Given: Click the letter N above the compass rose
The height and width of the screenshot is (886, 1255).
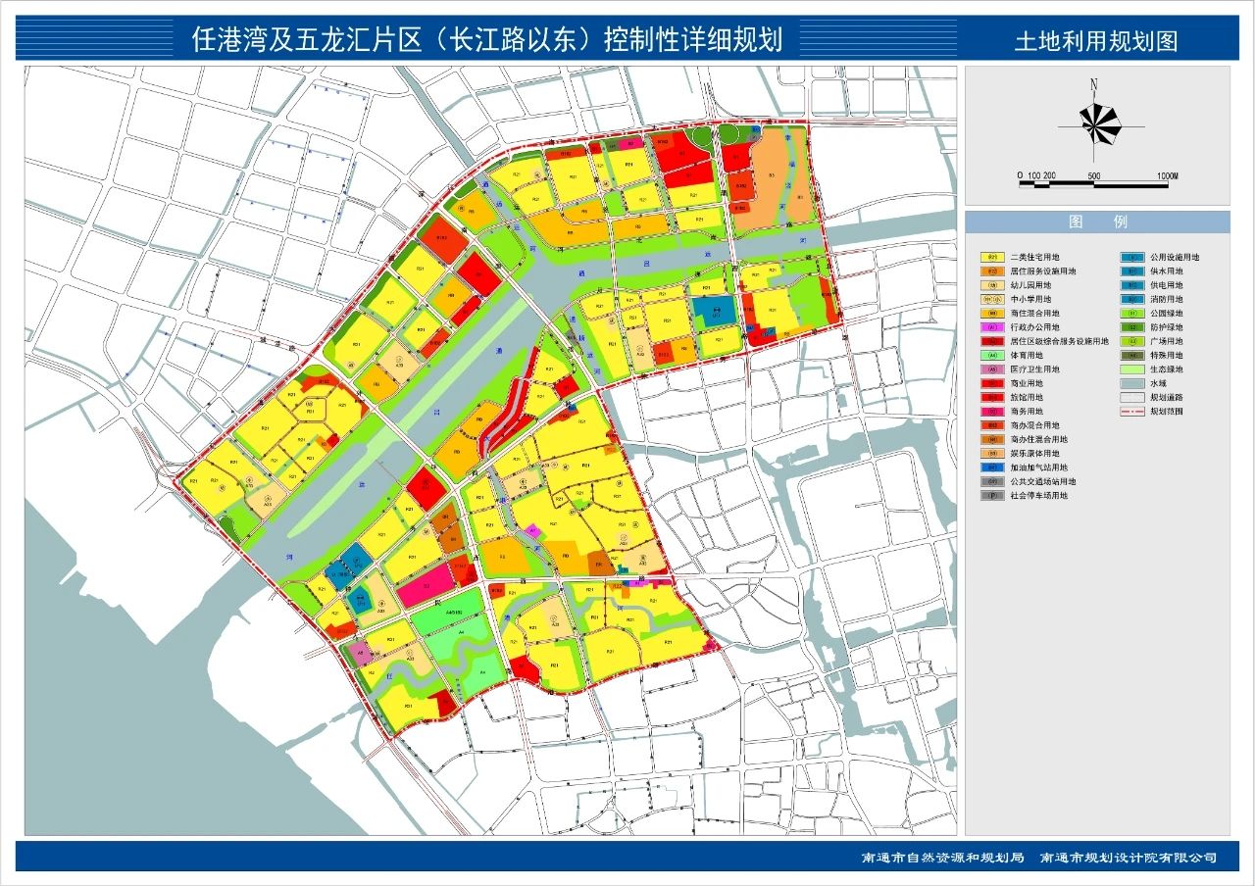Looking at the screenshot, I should click(1093, 84).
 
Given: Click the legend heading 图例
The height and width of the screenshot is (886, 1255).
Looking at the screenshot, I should click(1097, 222).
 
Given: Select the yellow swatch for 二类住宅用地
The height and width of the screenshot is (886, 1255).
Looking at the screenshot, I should click(992, 258).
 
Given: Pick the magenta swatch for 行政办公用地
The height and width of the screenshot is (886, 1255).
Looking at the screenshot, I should click(992, 327).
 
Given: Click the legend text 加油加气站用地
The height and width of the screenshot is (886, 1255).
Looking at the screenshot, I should click(1038, 468).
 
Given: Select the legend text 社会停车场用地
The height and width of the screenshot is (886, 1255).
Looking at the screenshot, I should click(1038, 496).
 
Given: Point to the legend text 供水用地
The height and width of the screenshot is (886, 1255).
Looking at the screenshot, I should click(1167, 271).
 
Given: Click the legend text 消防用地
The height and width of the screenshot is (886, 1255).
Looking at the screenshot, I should click(1167, 299).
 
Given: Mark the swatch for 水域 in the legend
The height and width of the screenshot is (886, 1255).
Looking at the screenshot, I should click(1131, 384).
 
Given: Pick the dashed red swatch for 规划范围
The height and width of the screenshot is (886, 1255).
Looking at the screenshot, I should click(1131, 412).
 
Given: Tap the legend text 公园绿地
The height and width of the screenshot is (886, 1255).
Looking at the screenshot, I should click(1167, 314).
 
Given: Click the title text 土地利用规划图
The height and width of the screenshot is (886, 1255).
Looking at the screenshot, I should click(1095, 41).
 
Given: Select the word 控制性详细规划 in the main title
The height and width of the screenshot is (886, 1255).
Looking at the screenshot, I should click(692, 40).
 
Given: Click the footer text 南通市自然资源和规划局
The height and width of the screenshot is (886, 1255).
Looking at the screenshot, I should click(942, 858).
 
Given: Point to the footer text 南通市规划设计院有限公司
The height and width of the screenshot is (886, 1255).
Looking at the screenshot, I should click(1128, 858).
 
